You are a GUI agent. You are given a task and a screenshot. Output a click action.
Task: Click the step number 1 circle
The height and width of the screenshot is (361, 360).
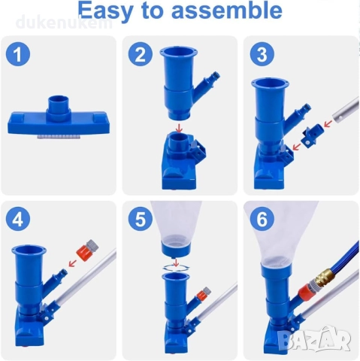[18, 54]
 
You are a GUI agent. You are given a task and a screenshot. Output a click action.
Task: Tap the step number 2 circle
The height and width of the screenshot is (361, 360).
[141, 54]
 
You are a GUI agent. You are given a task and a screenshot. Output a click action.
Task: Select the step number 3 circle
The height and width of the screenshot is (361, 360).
[262, 54]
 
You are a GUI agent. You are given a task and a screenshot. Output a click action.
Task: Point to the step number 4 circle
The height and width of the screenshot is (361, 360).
[18, 219]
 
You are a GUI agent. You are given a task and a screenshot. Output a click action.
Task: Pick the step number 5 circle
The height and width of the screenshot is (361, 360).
[141, 219]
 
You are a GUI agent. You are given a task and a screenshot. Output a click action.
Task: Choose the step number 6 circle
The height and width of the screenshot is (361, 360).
[262, 219]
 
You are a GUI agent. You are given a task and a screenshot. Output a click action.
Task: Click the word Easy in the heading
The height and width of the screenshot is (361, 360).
[105, 11]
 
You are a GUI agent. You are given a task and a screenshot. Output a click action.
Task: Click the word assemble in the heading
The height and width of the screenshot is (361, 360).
[227, 10]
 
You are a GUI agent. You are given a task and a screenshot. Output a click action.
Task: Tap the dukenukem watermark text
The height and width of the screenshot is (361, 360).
[64, 23]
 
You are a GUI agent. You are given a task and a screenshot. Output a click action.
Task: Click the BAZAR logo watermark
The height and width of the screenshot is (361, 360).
[315, 339]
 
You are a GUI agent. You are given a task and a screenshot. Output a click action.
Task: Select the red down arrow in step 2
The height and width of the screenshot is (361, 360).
[179, 129]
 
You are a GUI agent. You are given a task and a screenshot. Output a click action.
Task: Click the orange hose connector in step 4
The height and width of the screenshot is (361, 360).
[87, 250]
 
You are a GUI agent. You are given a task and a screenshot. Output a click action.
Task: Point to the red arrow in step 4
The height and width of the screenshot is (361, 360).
[72, 263]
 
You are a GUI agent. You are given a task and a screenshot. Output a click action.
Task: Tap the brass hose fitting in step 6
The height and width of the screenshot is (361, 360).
[322, 278]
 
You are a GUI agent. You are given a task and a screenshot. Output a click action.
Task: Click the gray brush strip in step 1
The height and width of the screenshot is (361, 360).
[59, 137]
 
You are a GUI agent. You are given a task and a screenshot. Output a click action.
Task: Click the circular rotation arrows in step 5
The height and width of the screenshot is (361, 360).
[176, 268]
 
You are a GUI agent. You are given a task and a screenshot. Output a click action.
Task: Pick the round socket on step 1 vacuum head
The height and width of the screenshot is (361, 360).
[59, 105]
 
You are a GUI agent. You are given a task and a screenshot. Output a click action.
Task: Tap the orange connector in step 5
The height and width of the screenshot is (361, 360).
[204, 293]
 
